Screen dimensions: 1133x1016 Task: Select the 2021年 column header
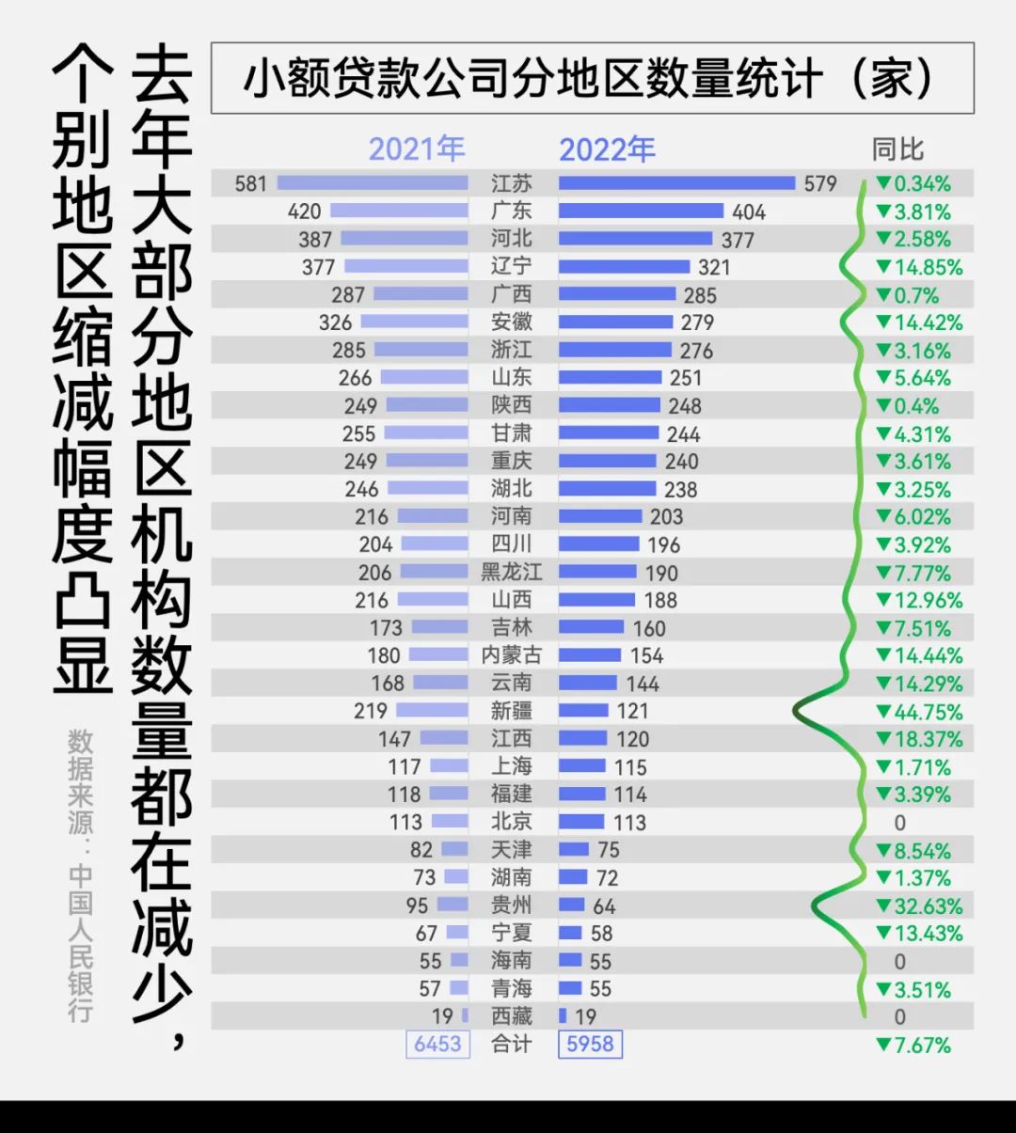tap(416, 149)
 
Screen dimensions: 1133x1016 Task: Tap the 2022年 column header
tap(607, 149)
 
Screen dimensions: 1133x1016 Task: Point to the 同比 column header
tap(897, 149)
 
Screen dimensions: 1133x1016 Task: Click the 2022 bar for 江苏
tap(676, 183)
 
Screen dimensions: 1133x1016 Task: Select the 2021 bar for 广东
tap(399, 212)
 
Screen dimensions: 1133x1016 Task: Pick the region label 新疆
tap(511, 711)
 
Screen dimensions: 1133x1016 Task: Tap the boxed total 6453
tap(437, 1045)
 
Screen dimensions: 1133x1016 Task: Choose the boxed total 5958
tap(590, 1045)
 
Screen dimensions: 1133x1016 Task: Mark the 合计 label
tap(511, 1045)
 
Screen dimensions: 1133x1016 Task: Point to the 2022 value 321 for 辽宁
tap(714, 267)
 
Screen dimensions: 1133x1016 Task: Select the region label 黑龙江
tap(511, 573)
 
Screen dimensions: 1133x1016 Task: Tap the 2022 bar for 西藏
tap(563, 1016)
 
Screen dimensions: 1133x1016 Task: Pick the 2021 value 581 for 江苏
tap(251, 183)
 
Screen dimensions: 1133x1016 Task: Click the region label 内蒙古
tap(511, 655)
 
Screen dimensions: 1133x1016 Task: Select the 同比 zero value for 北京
tap(900, 823)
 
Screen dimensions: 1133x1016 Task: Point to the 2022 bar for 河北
tap(635, 239)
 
